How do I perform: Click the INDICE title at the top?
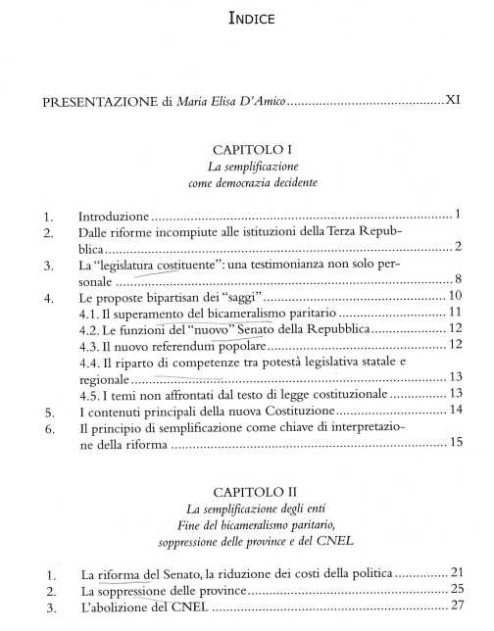point(246,18)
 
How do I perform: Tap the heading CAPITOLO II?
point(246,489)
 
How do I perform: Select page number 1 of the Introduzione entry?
point(458,214)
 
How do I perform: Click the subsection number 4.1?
point(92,313)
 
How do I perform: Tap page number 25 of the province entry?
point(455,589)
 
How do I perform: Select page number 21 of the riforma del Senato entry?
point(455,572)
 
